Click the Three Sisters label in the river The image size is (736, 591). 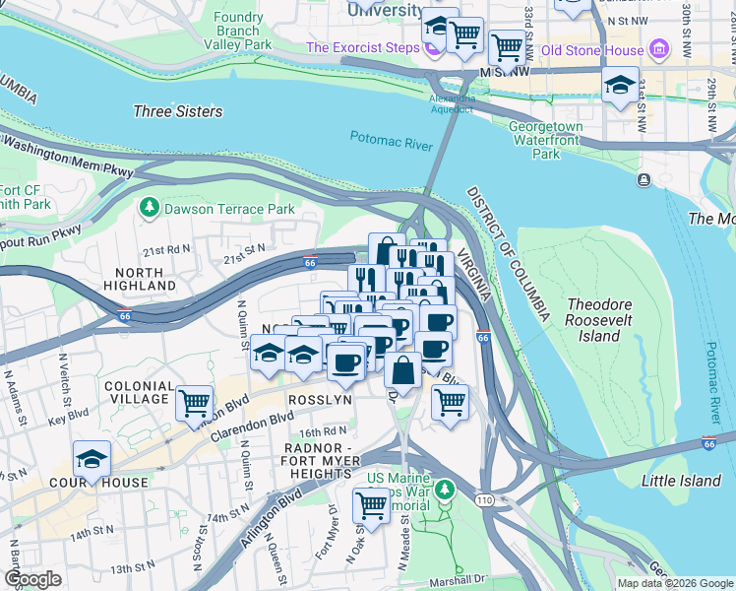pos(177,111)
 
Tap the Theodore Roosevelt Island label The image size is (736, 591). pos(606,320)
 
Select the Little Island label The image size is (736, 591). pos(681,481)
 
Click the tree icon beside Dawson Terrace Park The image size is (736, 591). pos(149,209)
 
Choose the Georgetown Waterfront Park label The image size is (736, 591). pos(545,140)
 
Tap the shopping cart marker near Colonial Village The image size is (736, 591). pos(195,402)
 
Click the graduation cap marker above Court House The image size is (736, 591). pos(92,459)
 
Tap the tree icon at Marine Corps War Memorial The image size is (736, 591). pos(445,489)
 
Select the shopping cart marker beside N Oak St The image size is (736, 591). pos(372,504)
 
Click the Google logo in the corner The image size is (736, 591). pos(32,579)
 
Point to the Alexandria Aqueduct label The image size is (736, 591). pos(452,103)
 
